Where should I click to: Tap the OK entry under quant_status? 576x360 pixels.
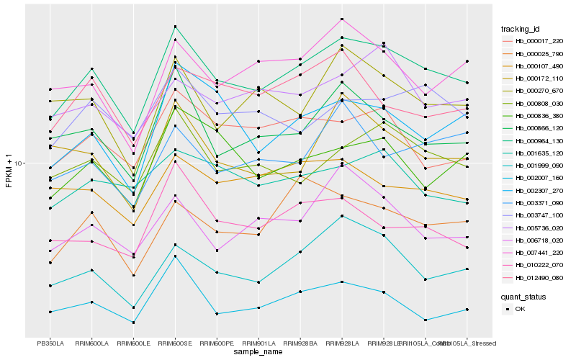pyautogui.click(x=520, y=310)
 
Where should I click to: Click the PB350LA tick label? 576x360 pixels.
pyautogui.click(x=50, y=343)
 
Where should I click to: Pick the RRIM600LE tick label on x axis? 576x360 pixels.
pyautogui.click(x=133, y=343)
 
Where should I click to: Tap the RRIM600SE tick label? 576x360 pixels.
pyautogui.click(x=175, y=343)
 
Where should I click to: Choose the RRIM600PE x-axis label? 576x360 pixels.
pyautogui.click(x=217, y=343)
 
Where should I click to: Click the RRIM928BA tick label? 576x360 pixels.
pyautogui.click(x=300, y=343)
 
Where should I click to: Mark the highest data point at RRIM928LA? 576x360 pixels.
pyautogui.click(x=342, y=19)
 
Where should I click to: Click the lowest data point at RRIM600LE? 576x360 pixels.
pyautogui.click(x=133, y=323)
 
